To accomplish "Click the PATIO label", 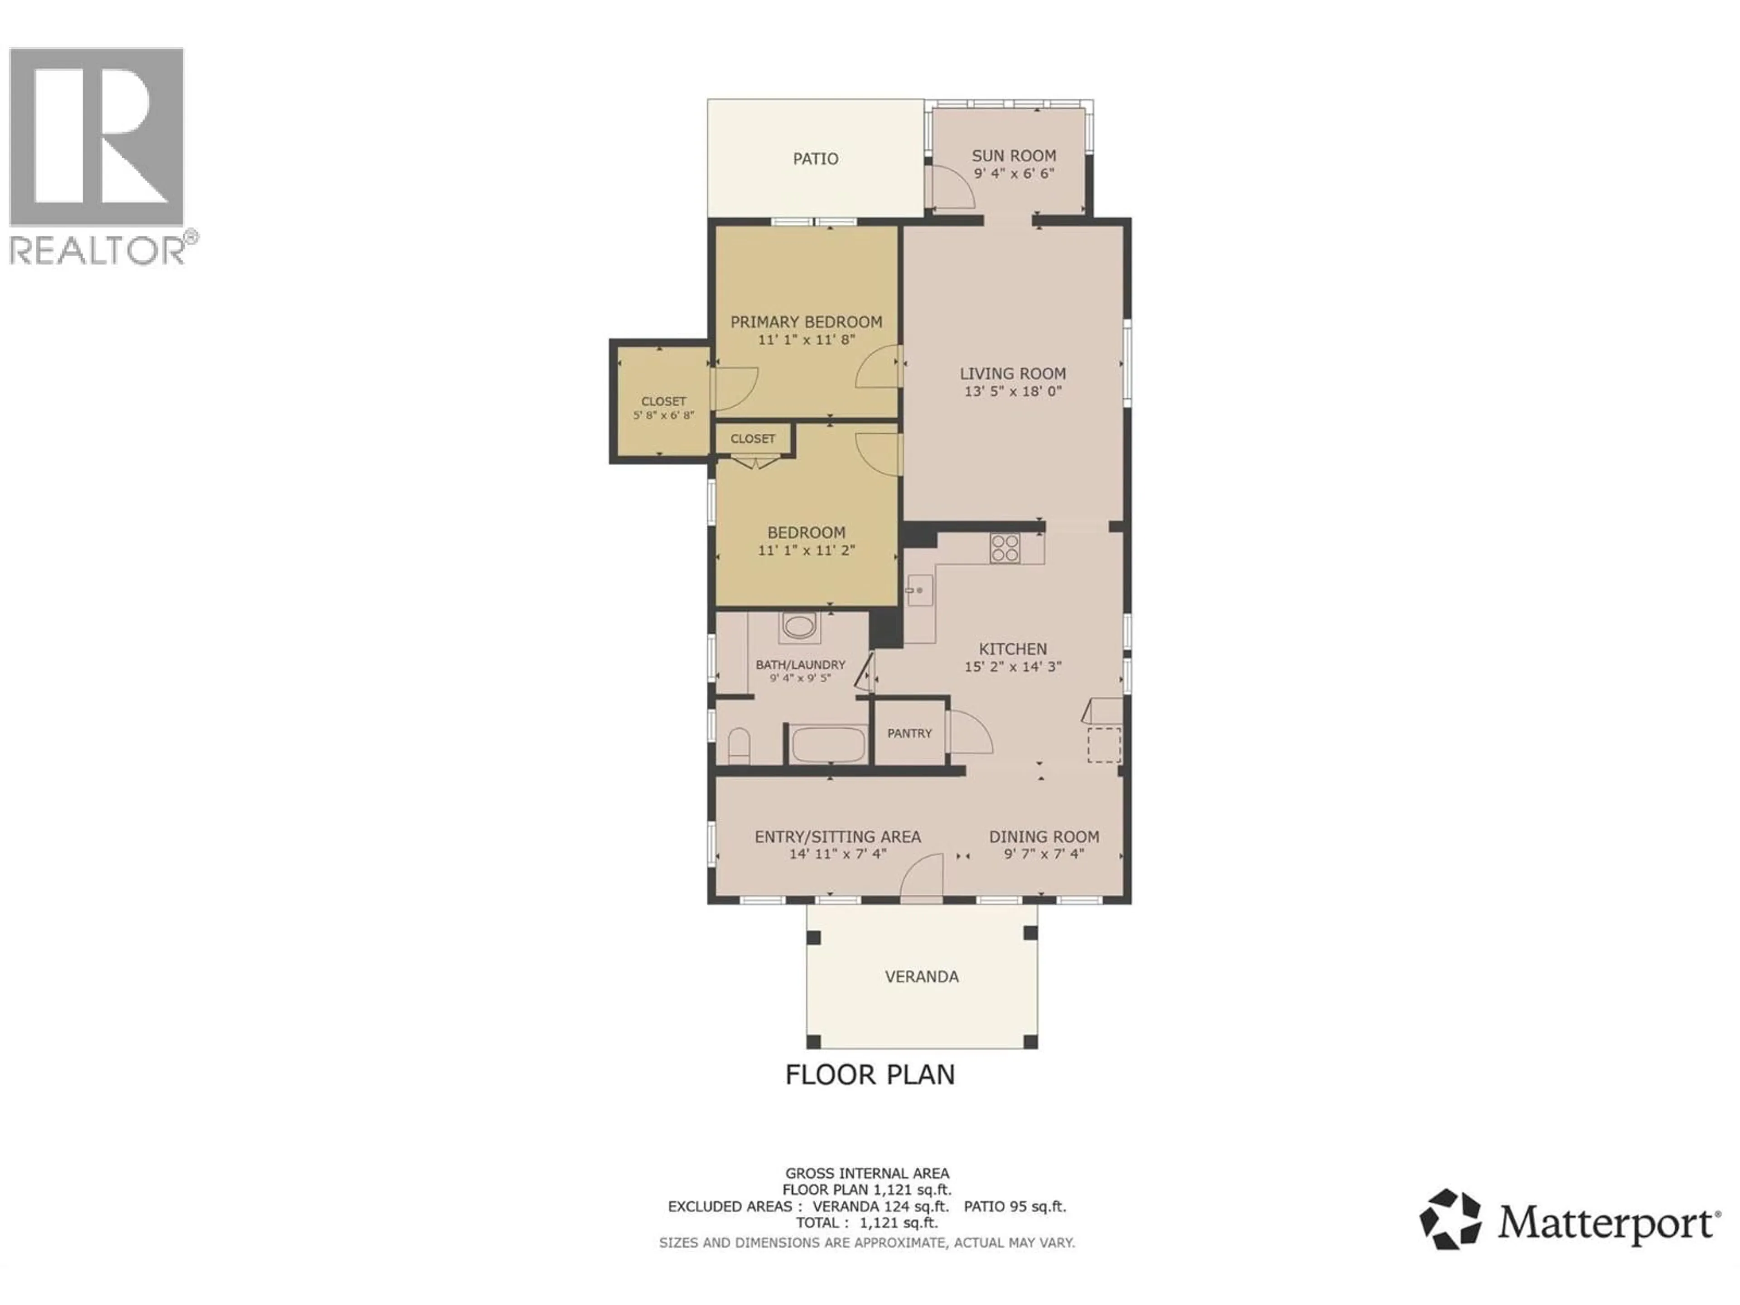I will tap(815, 159).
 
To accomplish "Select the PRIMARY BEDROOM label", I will tap(806, 322).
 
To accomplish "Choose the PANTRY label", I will tap(909, 733).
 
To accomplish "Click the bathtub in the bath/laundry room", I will tap(827, 744).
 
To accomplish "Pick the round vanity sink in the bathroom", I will tap(799, 628).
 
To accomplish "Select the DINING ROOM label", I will tap(1044, 837).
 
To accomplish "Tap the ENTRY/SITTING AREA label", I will tap(838, 837).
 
